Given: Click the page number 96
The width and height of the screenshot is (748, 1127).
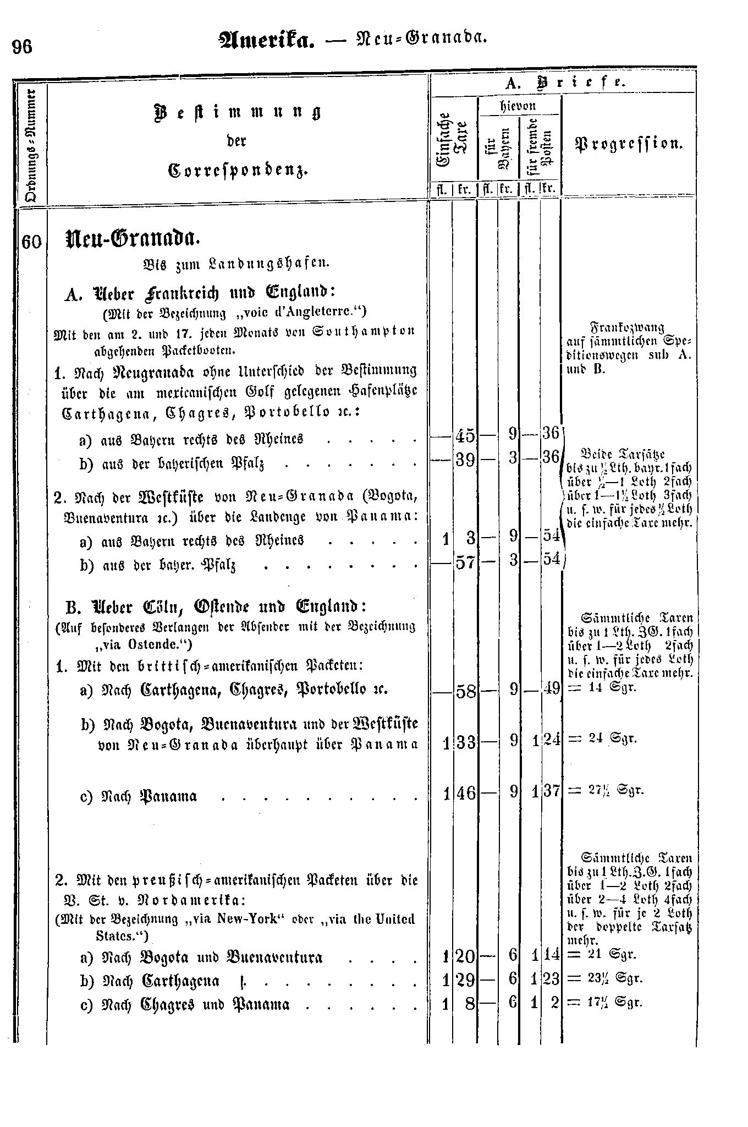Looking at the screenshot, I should [23, 47].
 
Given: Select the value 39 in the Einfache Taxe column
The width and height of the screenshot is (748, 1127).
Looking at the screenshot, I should [465, 458].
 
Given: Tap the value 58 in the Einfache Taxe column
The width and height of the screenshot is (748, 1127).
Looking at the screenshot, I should [465, 691].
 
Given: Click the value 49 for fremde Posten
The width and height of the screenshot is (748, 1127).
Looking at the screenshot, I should [550, 688].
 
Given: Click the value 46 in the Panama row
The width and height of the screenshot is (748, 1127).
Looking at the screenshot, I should [465, 794].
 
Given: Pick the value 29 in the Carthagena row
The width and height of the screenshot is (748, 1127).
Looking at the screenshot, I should [465, 980].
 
